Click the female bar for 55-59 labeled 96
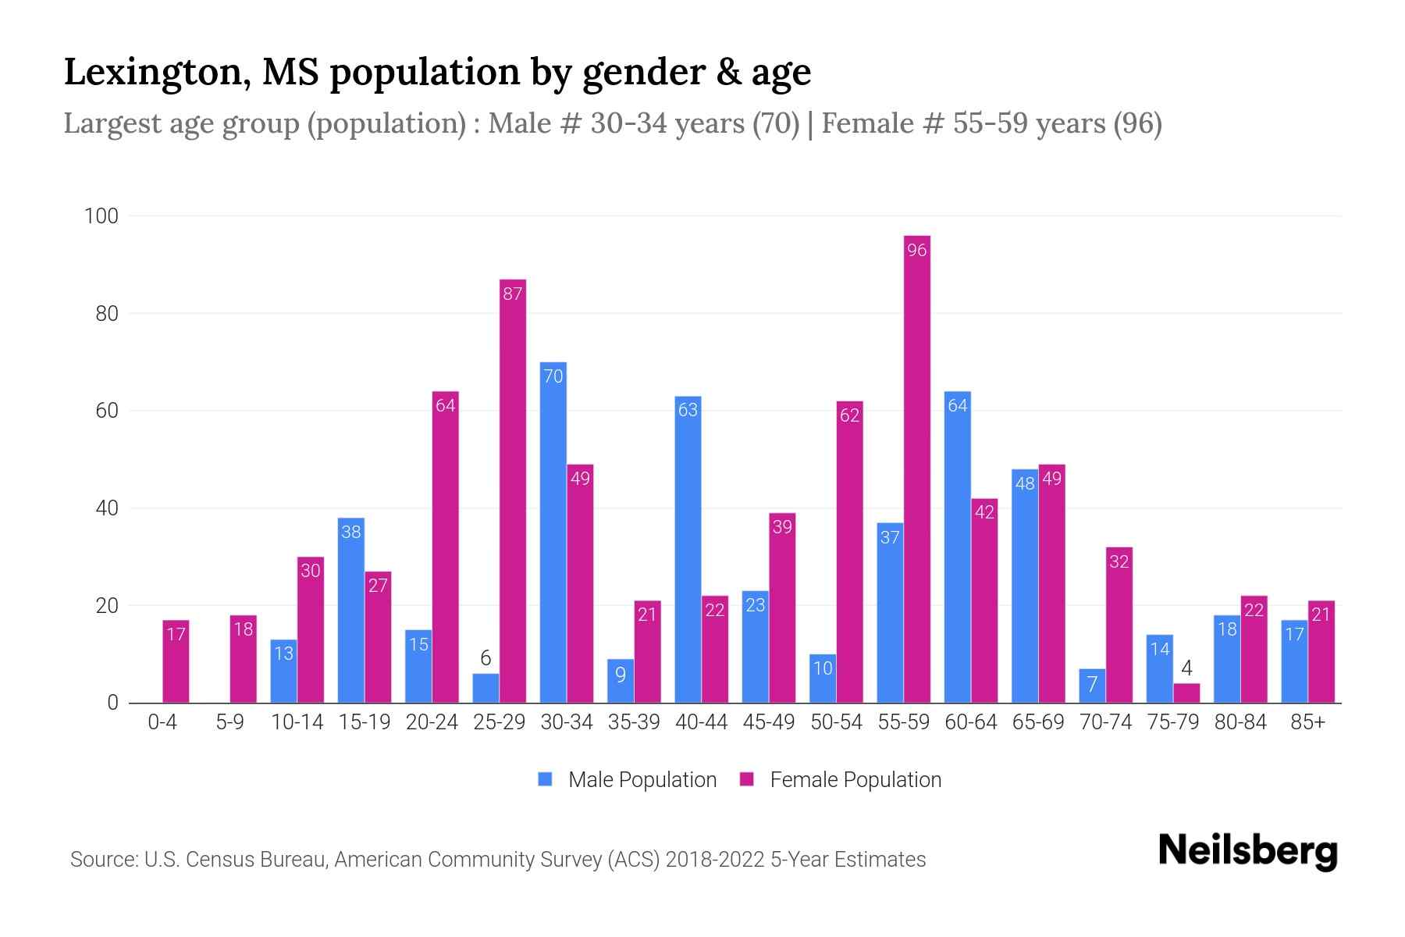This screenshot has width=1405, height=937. tap(917, 468)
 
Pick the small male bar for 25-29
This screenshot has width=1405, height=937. tap(486, 689)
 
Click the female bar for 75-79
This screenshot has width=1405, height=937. tap(1186, 693)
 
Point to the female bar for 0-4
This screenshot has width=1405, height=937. tap(176, 661)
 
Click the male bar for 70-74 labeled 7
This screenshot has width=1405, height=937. tap(1092, 686)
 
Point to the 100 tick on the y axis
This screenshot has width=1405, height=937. tap(101, 216)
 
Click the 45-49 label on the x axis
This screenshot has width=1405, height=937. tap(768, 722)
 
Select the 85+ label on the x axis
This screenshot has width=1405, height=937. tap(1307, 722)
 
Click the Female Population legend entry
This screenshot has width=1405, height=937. tap(855, 780)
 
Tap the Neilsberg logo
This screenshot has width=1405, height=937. tap(1247, 851)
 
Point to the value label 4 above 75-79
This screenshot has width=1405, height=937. tap(1186, 668)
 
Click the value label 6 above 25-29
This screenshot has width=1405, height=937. tap(486, 658)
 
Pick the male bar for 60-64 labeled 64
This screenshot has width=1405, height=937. tap(957, 547)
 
